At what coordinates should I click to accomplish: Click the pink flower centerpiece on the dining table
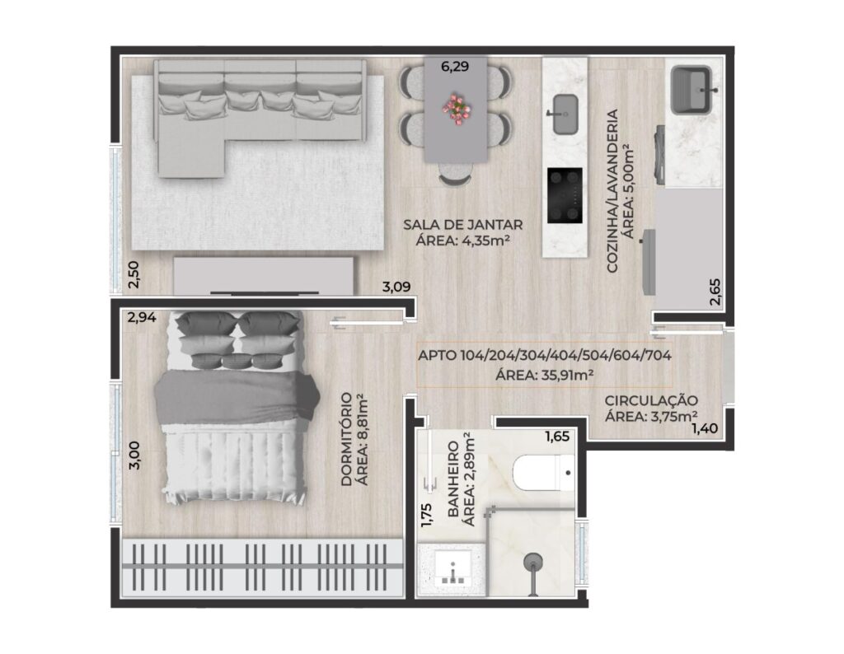coord(456,110)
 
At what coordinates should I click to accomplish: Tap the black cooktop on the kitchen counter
coord(565,195)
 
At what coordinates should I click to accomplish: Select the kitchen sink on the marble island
coord(565,114)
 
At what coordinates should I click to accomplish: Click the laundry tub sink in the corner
coord(694,90)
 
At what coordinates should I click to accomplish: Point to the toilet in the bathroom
coord(542,473)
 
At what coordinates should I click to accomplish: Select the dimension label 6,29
coord(455,67)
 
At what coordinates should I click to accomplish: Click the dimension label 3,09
coord(396,287)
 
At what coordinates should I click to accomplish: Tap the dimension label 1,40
coord(705,428)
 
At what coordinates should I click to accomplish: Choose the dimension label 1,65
coord(556,437)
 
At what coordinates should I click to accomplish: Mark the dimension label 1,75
coord(427,515)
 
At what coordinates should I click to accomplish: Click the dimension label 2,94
coord(142,317)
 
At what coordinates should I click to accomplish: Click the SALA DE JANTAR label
coord(463,225)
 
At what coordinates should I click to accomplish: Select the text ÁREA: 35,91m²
coord(544,375)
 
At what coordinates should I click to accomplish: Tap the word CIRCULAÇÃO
coord(651,400)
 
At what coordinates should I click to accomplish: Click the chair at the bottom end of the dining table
coord(456,175)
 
